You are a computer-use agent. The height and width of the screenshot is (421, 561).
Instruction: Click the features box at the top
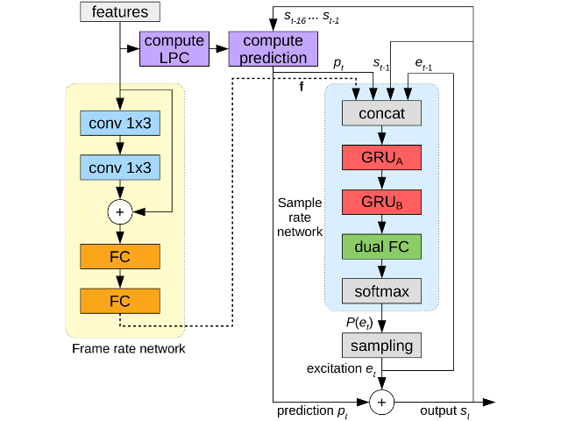pos(120,12)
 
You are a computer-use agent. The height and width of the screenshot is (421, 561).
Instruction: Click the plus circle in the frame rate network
pos(119,211)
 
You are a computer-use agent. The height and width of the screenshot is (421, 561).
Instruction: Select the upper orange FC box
pos(119,256)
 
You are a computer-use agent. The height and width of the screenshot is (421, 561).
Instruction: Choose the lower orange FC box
pos(119,301)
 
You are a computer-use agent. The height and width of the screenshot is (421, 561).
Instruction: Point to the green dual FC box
pos(381,246)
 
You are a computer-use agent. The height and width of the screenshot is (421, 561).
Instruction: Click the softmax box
pos(381,289)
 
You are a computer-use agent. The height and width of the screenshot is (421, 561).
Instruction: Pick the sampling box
pos(381,345)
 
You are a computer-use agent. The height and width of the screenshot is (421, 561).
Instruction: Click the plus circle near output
pos(381,402)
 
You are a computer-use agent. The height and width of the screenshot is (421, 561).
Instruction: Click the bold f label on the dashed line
pos(302,87)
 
